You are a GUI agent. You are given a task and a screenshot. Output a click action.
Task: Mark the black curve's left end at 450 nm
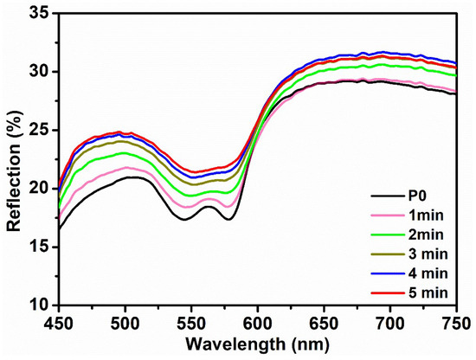click(x=59, y=228)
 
